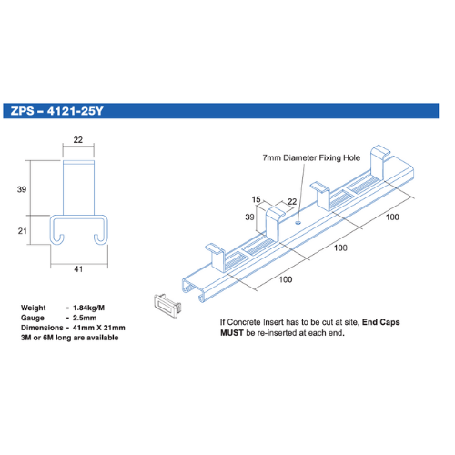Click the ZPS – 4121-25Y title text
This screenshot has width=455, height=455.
coord(57,111)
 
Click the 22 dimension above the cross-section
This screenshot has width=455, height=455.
coord(78,140)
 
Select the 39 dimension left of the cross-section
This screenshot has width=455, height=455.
coord(22,189)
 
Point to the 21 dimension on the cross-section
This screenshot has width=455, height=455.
coord(22,231)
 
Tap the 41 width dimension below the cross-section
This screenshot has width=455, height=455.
coord(78,269)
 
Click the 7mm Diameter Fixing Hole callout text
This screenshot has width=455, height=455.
coord(311,158)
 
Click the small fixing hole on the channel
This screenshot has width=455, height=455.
coord(298,223)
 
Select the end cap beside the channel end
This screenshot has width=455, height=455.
coord(167,306)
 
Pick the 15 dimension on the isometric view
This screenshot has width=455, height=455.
coord(257,199)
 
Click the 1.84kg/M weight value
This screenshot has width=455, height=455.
coord(88,308)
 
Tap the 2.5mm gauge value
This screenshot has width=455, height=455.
coord(85,318)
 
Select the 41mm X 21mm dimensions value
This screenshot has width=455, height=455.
coord(99,328)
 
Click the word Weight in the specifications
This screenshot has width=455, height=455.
coord(33,308)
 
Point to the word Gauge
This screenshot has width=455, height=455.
coord(33,318)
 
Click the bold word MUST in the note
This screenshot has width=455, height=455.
coord(232,333)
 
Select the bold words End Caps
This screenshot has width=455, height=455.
coord(381,322)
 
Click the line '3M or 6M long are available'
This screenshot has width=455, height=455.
coord(69,338)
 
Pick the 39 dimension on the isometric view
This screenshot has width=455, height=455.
coord(249,217)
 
